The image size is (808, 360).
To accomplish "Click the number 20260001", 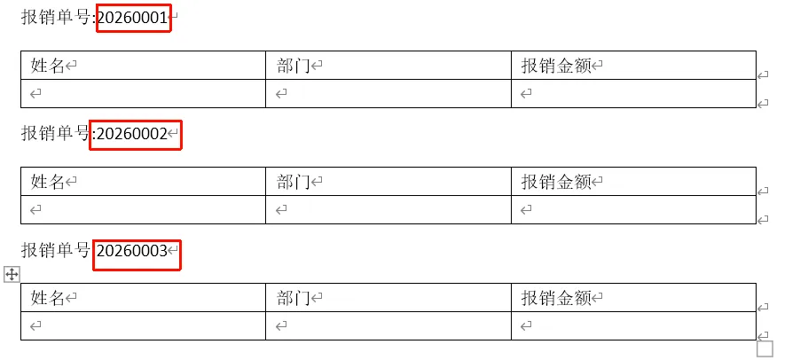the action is click(x=132, y=17).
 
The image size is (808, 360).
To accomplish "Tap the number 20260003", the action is click(x=132, y=251).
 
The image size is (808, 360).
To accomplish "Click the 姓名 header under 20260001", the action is click(x=49, y=65).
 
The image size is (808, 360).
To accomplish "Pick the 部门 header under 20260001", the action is click(x=293, y=65).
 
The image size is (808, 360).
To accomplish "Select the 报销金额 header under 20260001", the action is click(x=556, y=65).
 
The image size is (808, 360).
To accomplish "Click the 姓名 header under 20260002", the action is click(x=49, y=181).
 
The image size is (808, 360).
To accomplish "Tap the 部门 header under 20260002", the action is click(x=293, y=181).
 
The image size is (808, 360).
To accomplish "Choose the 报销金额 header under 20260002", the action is click(x=556, y=181).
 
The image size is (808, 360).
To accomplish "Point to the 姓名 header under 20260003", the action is click(x=49, y=298).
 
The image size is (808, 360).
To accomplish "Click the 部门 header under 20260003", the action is click(x=293, y=298).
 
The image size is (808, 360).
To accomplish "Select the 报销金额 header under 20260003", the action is click(x=556, y=298).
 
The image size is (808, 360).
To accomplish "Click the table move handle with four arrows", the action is click(x=12, y=274).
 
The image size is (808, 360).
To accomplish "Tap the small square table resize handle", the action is click(x=765, y=348).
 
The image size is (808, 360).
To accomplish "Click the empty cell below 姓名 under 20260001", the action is click(x=143, y=93).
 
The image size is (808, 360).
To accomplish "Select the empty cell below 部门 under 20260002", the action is click(x=388, y=209).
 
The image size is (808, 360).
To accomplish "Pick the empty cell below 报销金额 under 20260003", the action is click(x=633, y=326).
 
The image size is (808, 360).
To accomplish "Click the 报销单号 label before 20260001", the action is click(x=56, y=17).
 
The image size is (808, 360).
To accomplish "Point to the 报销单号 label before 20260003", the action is click(x=56, y=251).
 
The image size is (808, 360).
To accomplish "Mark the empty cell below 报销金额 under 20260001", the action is click(x=633, y=93).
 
